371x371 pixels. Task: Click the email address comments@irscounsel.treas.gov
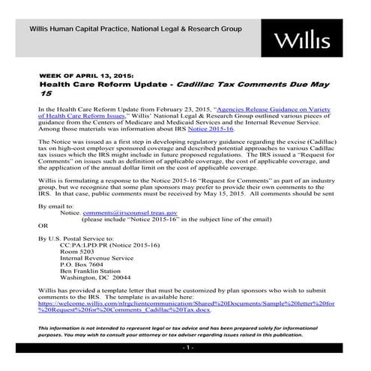(x=124, y=214)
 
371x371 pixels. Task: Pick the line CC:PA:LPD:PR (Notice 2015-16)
(x=106, y=244)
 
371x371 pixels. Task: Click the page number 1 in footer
(x=186, y=350)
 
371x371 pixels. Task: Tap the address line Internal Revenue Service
(x=97, y=260)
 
